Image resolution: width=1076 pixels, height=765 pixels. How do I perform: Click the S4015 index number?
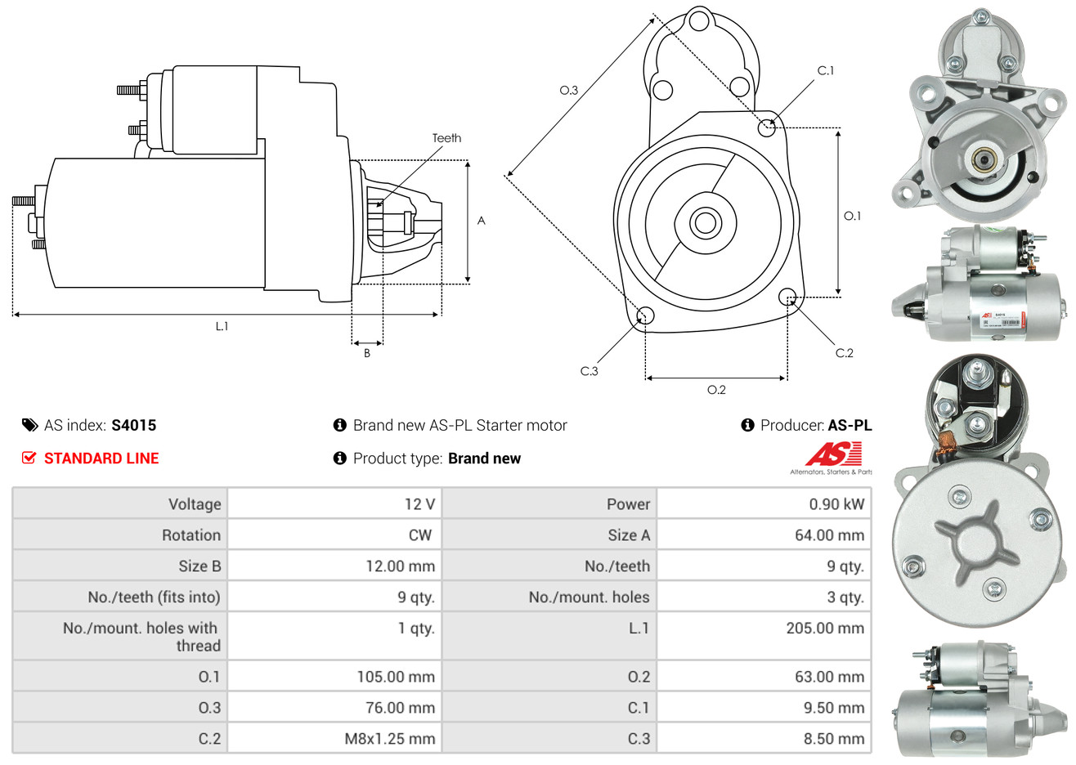(x=133, y=425)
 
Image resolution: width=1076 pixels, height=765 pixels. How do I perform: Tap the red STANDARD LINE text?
(x=101, y=459)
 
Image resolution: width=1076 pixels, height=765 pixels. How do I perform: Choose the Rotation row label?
(x=191, y=535)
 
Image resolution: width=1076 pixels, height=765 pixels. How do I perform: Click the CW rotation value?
(x=419, y=535)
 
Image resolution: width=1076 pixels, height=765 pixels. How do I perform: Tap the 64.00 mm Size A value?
(x=829, y=535)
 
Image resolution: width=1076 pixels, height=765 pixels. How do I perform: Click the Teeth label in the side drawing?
(x=446, y=138)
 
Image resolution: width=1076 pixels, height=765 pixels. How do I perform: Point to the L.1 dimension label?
(x=222, y=326)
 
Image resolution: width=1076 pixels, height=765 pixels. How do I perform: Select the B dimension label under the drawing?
(x=367, y=353)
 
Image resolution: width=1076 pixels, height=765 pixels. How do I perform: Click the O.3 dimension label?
(x=568, y=90)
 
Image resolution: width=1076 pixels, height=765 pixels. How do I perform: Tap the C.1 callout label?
(x=826, y=71)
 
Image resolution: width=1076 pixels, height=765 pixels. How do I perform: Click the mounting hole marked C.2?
(x=787, y=296)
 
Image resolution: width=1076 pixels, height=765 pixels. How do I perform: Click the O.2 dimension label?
(x=716, y=390)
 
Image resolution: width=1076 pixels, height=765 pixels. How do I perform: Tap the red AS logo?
(x=832, y=454)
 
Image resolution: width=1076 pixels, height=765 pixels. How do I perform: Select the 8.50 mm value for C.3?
(x=833, y=739)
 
